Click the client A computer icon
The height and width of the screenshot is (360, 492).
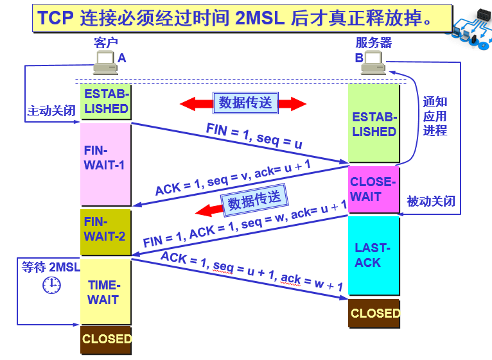[104, 62]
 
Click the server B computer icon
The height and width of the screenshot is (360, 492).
[372, 63]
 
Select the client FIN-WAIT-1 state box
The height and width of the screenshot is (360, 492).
[105, 164]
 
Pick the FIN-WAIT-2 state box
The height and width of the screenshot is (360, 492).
[105, 229]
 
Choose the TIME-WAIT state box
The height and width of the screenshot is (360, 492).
[105, 292]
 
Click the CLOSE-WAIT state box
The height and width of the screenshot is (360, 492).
[373, 189]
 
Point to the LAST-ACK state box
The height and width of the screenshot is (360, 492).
[373, 255]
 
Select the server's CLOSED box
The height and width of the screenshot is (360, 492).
[374, 314]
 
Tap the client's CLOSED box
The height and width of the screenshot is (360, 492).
[106, 339]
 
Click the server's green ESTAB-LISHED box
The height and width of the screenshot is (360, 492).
[373, 124]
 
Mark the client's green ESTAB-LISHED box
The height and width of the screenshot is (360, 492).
[106, 101]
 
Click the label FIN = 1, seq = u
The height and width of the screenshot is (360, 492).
[254, 135]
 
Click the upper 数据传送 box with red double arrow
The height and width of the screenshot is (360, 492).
[245, 103]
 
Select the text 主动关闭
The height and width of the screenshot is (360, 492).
[51, 111]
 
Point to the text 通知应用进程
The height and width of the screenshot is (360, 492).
[435, 116]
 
